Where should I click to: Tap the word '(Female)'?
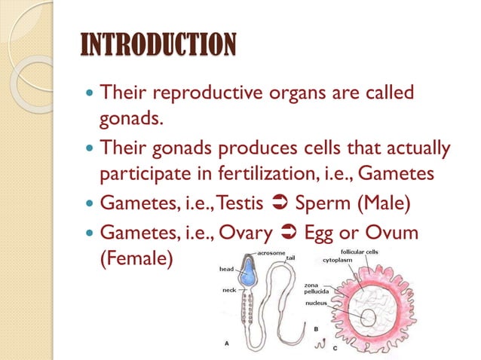point(136,258)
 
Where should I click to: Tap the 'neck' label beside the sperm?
point(229,290)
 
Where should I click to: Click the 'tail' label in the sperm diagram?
point(290,258)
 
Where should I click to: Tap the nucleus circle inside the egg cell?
point(367,319)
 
